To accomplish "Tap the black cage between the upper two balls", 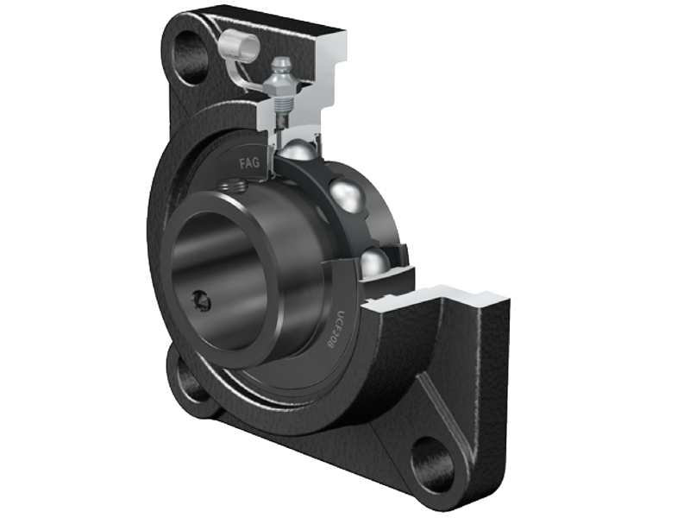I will click(326, 169).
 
